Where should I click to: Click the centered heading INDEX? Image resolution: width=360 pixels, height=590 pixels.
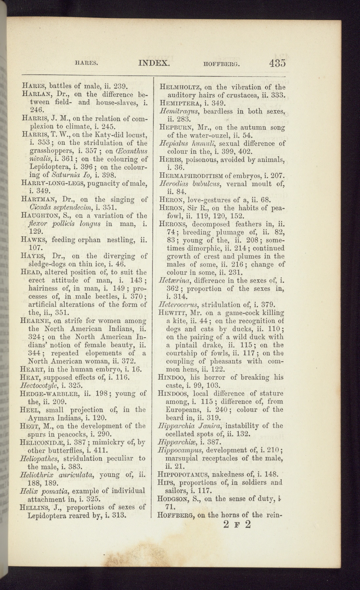tap(154, 63)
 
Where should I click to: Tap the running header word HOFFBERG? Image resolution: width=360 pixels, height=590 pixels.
tap(222, 64)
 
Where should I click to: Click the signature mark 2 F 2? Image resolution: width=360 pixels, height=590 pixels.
tap(236, 524)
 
